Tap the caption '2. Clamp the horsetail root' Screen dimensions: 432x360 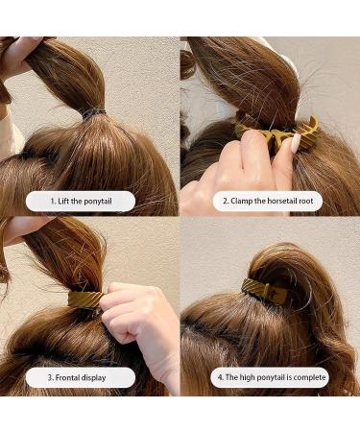(x=269, y=201)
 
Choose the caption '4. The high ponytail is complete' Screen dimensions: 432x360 (x=270, y=377)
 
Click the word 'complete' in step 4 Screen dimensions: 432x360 (x=309, y=377)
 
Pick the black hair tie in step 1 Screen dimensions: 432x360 (x=94, y=112)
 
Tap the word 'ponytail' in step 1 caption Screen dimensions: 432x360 (x=109, y=201)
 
